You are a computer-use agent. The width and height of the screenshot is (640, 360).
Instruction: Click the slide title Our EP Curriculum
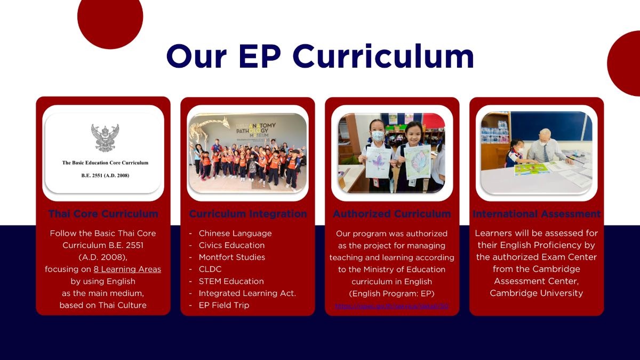(320, 56)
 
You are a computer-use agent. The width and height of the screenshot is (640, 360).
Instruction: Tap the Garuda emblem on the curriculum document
(105, 138)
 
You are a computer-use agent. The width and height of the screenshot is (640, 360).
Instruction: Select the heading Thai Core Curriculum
(103, 214)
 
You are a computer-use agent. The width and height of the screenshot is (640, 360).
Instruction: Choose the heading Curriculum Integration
(248, 214)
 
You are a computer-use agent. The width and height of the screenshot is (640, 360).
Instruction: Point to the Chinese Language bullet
(235, 233)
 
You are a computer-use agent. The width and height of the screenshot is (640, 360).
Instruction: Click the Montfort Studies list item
(231, 257)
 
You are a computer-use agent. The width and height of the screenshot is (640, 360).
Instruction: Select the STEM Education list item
(231, 281)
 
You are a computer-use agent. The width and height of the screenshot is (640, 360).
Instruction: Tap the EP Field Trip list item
(223, 305)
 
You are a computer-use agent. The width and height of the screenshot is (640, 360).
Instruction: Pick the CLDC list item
(210, 269)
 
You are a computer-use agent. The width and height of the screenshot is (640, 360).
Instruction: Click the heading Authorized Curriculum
(391, 214)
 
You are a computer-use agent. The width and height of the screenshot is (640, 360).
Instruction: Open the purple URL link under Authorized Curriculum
(391, 306)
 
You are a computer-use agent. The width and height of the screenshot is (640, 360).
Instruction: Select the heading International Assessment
(537, 214)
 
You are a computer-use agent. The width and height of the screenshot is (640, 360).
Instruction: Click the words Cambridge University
(537, 293)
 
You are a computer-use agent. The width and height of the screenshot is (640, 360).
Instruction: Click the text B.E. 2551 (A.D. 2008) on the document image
(105, 175)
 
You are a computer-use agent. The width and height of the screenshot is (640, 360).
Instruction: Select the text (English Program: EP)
(391, 293)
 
